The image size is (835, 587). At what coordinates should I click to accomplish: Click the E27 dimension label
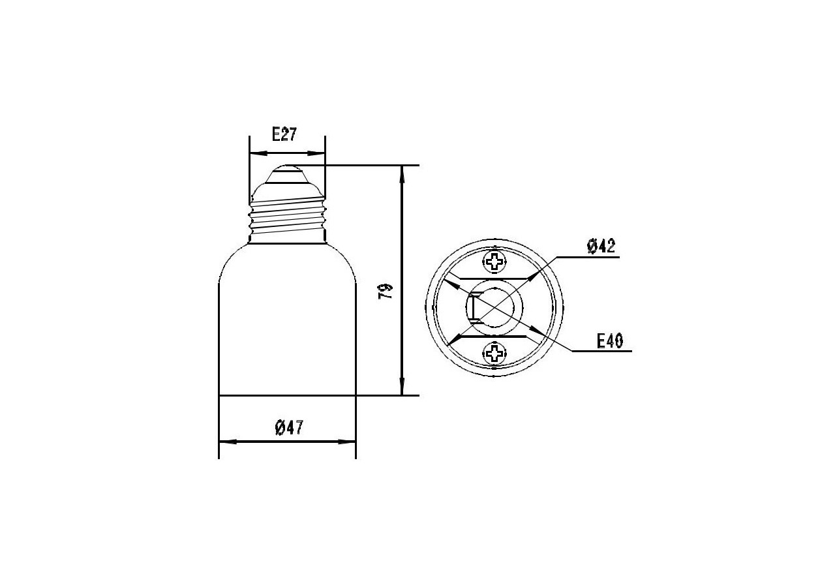[284, 134]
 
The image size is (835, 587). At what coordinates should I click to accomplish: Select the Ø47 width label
[289, 427]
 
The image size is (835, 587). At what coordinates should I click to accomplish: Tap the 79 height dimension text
[386, 291]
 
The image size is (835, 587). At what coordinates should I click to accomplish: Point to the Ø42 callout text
[601, 246]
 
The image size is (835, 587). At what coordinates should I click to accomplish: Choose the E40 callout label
[610, 340]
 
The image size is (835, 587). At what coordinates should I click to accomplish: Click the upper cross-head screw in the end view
[494, 262]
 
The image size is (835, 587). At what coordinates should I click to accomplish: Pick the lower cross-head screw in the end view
[494, 353]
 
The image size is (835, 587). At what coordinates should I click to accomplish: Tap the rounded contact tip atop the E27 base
[287, 173]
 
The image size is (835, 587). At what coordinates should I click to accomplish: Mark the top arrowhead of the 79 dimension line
[402, 173]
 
